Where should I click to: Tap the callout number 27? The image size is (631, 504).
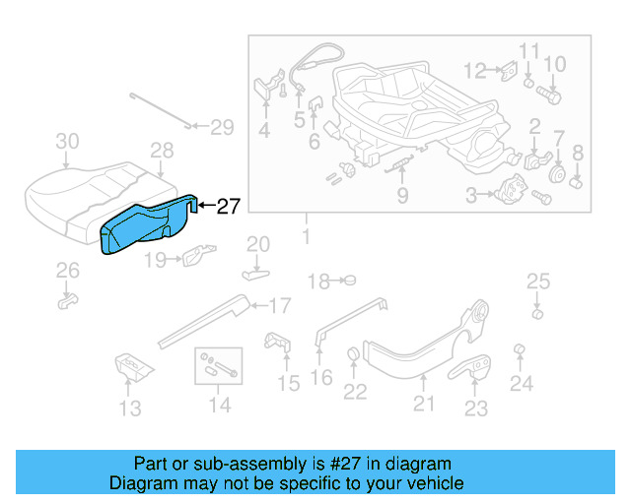[x=228, y=207]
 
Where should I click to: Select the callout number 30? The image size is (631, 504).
[x=66, y=142]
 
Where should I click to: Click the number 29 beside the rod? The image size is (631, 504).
[x=222, y=127]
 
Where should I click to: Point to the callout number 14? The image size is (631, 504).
[x=219, y=405]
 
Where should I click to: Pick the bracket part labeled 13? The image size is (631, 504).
[x=130, y=366]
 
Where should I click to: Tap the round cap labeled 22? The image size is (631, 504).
[x=353, y=355]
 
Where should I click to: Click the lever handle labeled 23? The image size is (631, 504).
[x=476, y=368]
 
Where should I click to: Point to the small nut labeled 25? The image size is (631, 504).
[x=537, y=314]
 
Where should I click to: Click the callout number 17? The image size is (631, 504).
[x=280, y=305]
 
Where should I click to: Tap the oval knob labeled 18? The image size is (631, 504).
[x=347, y=281]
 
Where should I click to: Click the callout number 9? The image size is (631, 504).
[x=402, y=196]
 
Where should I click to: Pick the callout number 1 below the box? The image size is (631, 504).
[x=306, y=237]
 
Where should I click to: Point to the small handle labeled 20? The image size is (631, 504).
[x=256, y=267]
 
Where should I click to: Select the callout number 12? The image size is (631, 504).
[x=476, y=71]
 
